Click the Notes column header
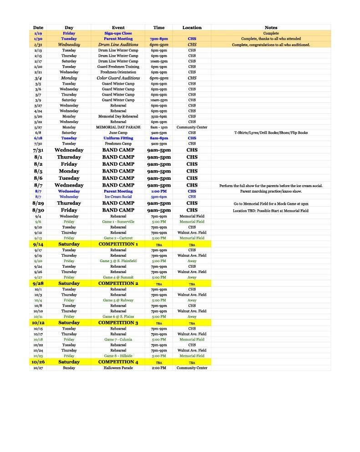(271, 28)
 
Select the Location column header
(192, 28)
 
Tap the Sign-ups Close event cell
(118, 33)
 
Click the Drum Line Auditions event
(118, 45)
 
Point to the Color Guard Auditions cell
(118, 78)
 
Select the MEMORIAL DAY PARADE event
(118, 127)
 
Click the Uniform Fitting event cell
(118, 138)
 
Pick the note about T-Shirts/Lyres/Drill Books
(271, 133)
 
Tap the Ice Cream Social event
(118, 197)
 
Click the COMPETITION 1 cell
(118, 244)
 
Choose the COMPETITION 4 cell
(118, 362)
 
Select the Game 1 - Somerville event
(118, 222)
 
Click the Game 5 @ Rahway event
(118, 300)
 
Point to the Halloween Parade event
(118, 368)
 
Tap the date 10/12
(38, 323)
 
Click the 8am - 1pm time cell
(159, 127)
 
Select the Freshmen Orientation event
(118, 72)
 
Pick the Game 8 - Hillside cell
(118, 356)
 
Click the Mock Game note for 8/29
(271, 204)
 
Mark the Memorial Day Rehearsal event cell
(118, 117)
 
